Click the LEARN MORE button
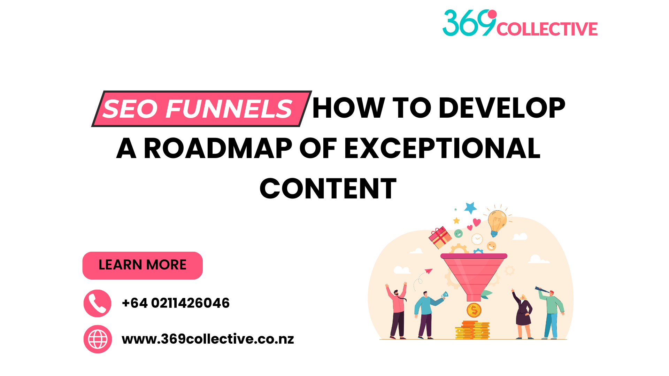[143, 265]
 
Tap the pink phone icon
[98, 303]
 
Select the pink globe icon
[98, 339]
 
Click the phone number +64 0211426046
[176, 303]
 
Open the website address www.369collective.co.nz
[208, 339]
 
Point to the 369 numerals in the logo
[469, 23]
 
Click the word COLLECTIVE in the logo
[547, 29]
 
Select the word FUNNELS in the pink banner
[229, 109]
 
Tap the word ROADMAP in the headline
[218, 148]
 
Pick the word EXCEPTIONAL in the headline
[442, 148]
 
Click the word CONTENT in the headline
[328, 189]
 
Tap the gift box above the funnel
[440, 237]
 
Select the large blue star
[470, 208]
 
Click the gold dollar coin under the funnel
[474, 310]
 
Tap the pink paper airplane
[429, 271]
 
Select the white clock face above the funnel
[477, 239]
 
